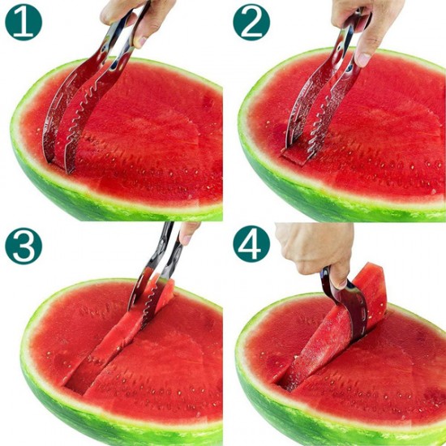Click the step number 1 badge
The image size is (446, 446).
(24, 22)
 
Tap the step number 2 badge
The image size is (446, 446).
(251, 22)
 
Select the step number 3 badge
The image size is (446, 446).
(24, 247)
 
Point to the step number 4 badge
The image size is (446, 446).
(251, 244)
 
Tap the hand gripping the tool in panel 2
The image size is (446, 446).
(367, 23)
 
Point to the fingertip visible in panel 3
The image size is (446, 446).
(188, 233)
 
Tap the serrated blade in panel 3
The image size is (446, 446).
(149, 304)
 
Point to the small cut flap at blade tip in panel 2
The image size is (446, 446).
(294, 157)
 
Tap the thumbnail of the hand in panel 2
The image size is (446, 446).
(362, 59)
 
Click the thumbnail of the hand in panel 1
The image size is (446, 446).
(140, 42)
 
